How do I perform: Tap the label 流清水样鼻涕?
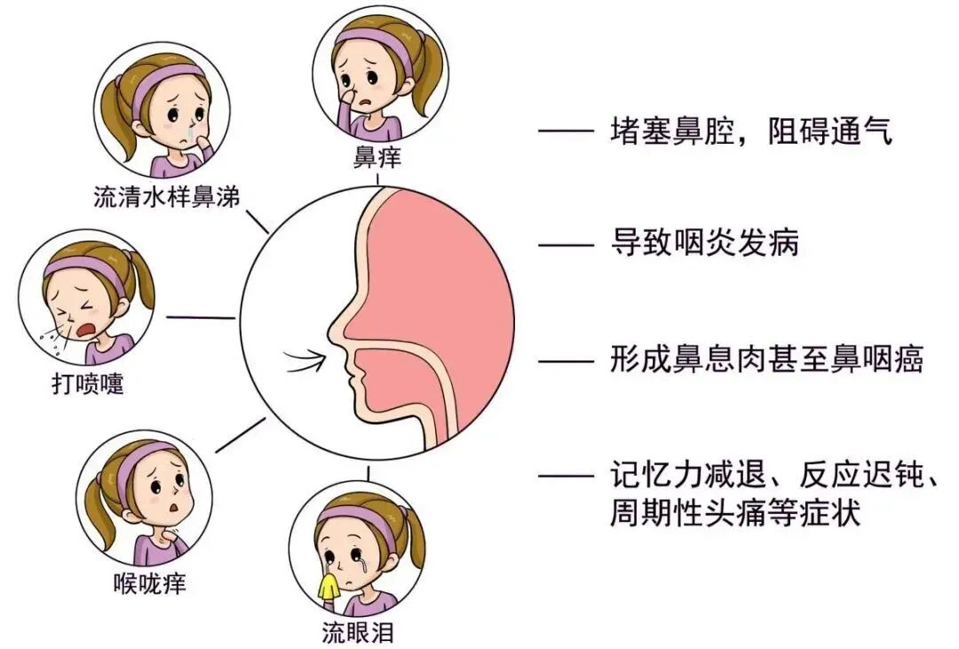point(166,197)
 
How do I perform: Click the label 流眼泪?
point(358,632)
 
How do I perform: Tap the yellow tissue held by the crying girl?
point(329,584)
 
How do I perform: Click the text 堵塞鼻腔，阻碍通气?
point(751,133)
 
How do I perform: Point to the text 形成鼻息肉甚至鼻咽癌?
point(766,360)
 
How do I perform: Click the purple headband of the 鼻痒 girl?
point(377,43)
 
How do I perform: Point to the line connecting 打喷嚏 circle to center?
point(202,317)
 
